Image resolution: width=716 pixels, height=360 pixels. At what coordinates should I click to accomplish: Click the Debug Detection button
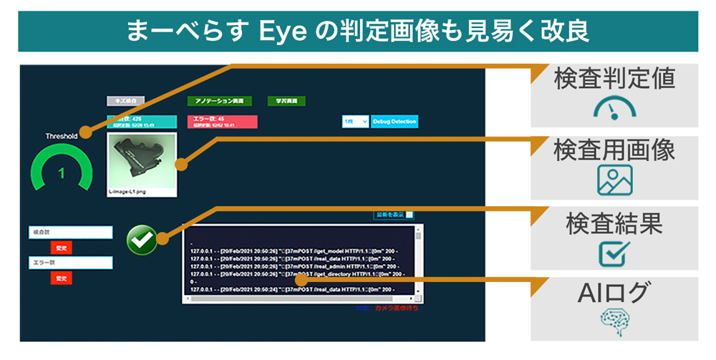394,122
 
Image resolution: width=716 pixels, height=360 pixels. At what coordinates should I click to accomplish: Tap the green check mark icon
141,240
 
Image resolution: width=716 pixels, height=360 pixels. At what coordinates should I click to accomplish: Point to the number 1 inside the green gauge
62,173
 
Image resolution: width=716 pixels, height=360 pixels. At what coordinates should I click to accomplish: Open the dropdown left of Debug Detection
355,122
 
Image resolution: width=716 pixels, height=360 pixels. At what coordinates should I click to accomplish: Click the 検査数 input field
70,233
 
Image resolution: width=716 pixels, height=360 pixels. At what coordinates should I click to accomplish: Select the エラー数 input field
70,263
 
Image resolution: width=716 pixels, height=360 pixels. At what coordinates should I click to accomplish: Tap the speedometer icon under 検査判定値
614,108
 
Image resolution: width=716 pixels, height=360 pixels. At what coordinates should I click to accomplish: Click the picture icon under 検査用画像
614,180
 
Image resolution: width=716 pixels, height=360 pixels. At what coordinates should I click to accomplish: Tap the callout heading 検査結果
614,223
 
